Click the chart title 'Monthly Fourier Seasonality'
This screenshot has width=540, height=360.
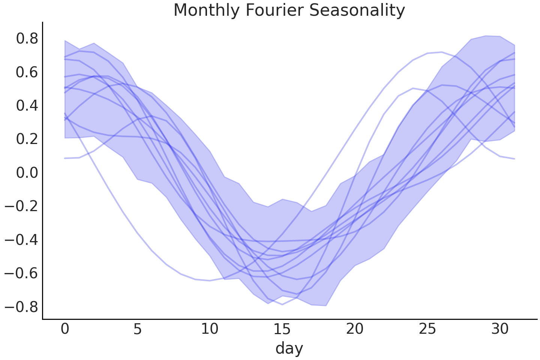click(x=289, y=10)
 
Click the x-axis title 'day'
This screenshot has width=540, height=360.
click(x=289, y=349)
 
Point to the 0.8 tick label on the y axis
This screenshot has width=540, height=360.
click(x=27, y=39)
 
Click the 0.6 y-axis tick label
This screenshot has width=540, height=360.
click(x=27, y=72)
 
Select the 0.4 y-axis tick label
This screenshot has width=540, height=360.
click(x=27, y=106)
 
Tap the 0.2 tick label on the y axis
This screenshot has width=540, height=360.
click(x=27, y=139)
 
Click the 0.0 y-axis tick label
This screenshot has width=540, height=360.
click(x=27, y=173)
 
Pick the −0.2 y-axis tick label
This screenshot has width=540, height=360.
click(x=21, y=206)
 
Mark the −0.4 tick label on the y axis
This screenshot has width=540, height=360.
click(x=21, y=240)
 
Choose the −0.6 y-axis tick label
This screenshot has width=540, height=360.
click(x=21, y=273)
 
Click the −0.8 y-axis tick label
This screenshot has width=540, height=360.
click(x=21, y=307)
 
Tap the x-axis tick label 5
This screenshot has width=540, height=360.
click(x=138, y=329)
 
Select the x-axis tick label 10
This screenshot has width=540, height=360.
click(x=210, y=329)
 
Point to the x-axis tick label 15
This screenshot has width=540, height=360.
click(x=282, y=329)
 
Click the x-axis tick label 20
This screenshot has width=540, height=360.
click(x=355, y=329)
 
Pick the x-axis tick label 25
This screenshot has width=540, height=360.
click(x=427, y=329)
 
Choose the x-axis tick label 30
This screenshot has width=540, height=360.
click(x=500, y=329)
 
